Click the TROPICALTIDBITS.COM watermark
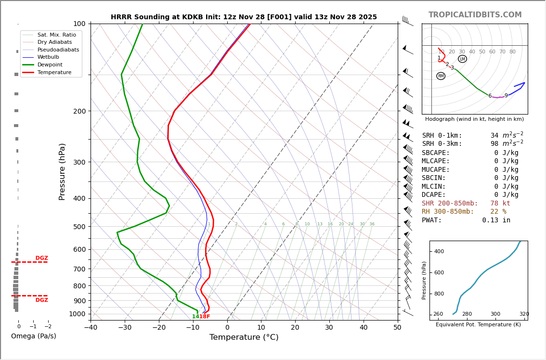pos(475,15)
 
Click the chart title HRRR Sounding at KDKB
pos(244,17)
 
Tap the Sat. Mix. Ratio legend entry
pos(56,35)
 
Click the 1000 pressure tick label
pos(77,314)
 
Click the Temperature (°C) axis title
pos(244,337)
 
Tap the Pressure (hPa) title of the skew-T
pos(62,171)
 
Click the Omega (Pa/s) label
pos(33,336)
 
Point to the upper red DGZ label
pos(41,258)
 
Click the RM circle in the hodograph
pos(441,76)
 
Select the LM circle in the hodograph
pos(462,59)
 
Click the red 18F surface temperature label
pos(205,317)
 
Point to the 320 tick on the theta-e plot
pos(524,314)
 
